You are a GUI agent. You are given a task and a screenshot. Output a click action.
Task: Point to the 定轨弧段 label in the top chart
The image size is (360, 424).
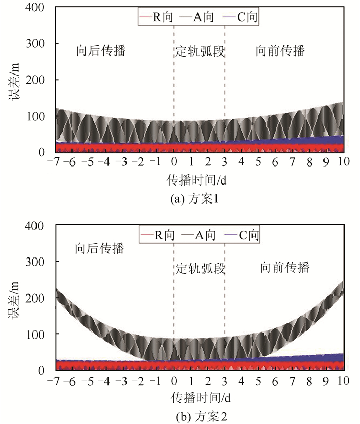[200, 52]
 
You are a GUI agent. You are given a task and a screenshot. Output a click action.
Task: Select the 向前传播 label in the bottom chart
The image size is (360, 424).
[284, 268]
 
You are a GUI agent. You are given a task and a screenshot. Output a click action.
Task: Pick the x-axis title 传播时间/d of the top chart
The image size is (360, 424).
[198, 180]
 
